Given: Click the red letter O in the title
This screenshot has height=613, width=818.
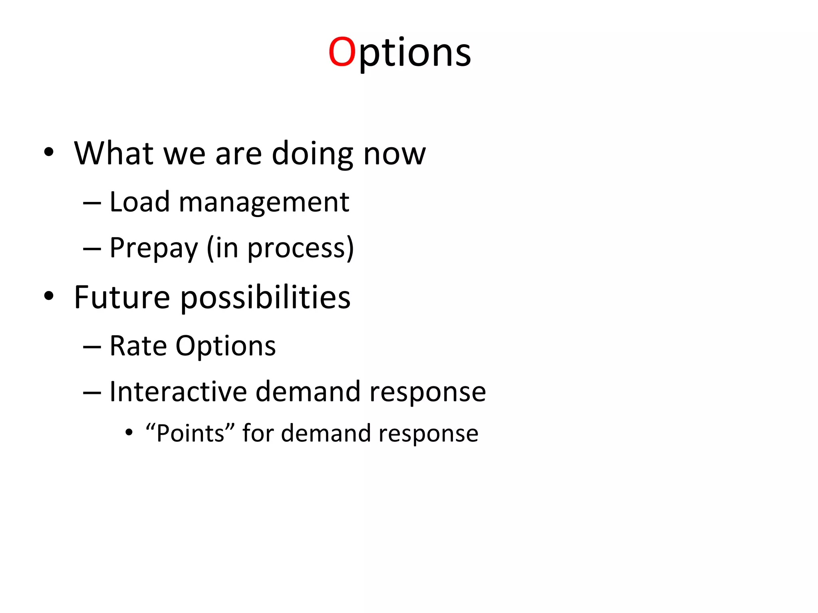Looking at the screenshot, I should pos(342,52).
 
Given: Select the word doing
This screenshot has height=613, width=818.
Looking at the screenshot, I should pos(312,154).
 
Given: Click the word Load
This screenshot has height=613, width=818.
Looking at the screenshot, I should pos(139,202).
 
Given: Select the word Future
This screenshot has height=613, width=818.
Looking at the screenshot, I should pos(122,297).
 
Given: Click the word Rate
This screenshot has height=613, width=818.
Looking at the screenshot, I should pos(138,346).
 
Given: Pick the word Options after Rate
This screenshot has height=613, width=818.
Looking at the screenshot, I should pos(226,346).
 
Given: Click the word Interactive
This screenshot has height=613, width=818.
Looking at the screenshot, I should pos(178,392).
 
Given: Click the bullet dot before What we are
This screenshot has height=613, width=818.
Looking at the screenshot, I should pos(49,152).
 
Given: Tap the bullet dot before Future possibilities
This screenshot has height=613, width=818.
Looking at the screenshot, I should pos(49,296).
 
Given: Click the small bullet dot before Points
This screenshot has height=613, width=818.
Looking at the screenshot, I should pos(129,432).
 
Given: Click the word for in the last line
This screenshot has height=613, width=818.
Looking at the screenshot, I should pos(258,433).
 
